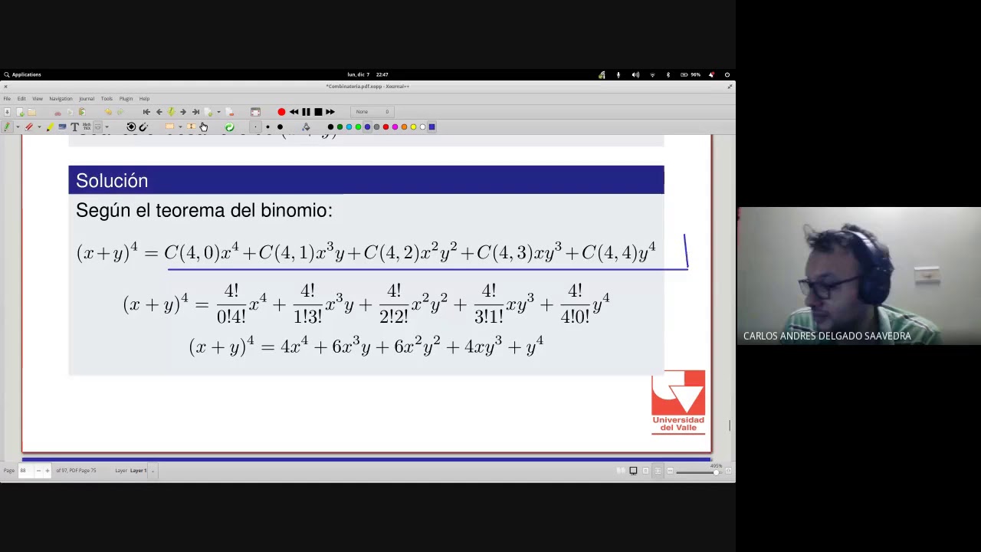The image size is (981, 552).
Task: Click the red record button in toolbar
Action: tap(281, 112)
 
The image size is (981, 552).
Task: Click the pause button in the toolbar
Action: tap(306, 112)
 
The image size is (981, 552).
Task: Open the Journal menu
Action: tap(86, 99)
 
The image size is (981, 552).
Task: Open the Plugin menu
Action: tap(126, 99)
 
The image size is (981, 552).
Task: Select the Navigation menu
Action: tap(61, 99)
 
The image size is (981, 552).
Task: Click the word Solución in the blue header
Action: tap(112, 181)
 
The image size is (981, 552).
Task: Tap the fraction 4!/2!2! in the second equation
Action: tap(394, 304)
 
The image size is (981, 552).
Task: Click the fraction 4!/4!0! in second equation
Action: tap(575, 304)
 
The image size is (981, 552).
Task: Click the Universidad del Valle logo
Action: tap(678, 402)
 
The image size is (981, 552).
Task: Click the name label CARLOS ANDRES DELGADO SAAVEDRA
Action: tap(827, 336)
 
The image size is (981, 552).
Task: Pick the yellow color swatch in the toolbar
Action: tap(413, 127)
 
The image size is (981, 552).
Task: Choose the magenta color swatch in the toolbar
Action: tap(395, 127)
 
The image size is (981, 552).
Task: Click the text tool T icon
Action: tap(74, 127)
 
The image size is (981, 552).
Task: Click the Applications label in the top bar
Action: tap(26, 74)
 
